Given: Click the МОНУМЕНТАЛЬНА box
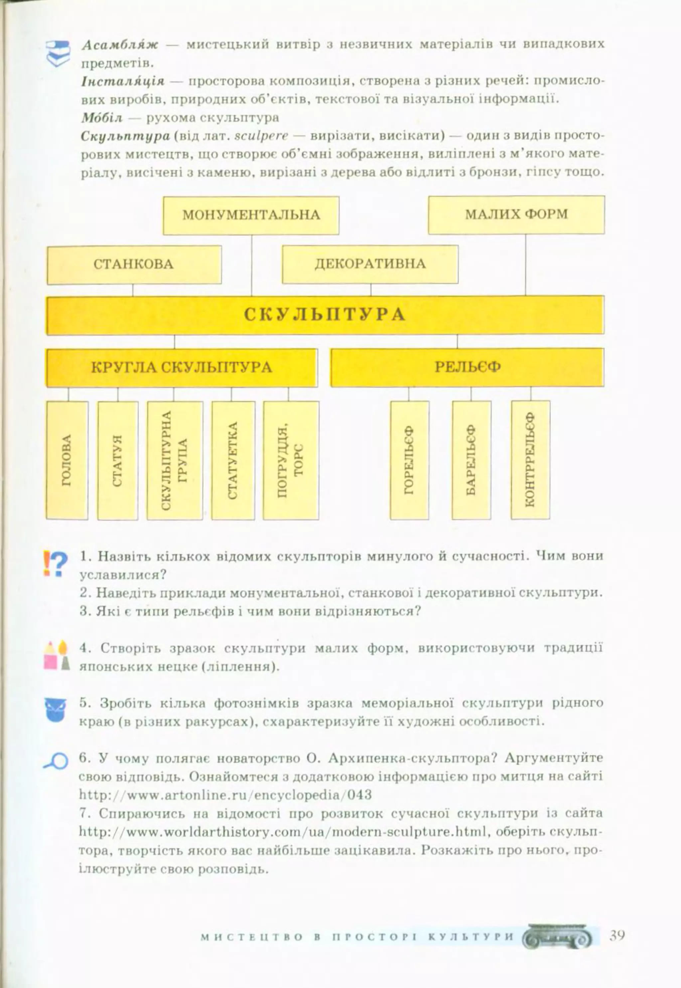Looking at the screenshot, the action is pyautogui.click(x=251, y=215).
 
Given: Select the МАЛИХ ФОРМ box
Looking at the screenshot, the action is pyautogui.click(x=516, y=214).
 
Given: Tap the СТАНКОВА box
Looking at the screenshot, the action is pyautogui.click(x=134, y=265).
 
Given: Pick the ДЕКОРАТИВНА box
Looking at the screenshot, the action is pyautogui.click(x=370, y=264).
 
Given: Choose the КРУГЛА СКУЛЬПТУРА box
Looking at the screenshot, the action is pyautogui.click(x=181, y=367).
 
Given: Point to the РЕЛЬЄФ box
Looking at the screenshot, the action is pyautogui.click(x=467, y=367).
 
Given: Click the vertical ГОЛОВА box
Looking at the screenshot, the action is pyautogui.click(x=67, y=460).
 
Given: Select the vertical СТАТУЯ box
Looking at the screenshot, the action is pyautogui.click(x=118, y=460).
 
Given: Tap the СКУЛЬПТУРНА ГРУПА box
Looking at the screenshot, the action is pyautogui.click(x=175, y=460).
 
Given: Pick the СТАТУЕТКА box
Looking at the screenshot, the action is pyautogui.click(x=233, y=460).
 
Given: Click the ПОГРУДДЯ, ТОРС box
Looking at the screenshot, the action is pyautogui.click(x=291, y=460).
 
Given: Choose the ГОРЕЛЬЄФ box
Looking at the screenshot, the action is pyautogui.click(x=409, y=460).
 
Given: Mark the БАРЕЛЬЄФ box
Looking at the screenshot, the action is pyautogui.click(x=471, y=460).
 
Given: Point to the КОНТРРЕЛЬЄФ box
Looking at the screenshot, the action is pyautogui.click(x=530, y=460).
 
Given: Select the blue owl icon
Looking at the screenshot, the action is pyautogui.click(x=56, y=709).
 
